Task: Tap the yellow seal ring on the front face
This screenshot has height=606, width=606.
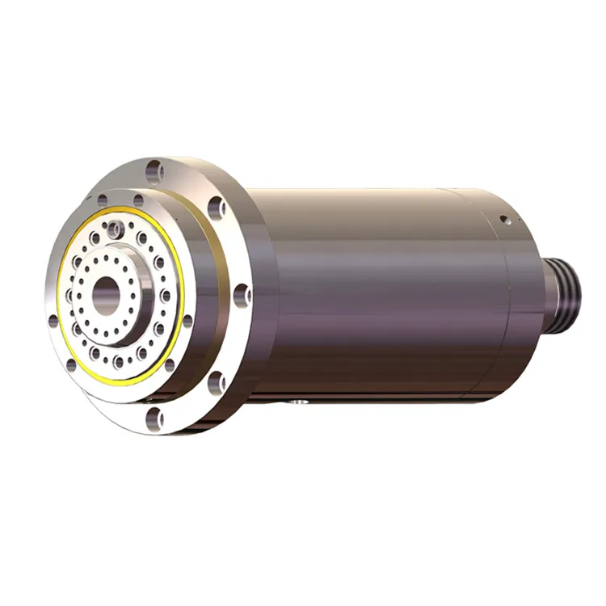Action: (x=179, y=267)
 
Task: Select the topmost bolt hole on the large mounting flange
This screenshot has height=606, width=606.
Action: (x=154, y=170)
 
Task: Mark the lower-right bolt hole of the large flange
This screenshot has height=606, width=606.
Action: (x=217, y=379)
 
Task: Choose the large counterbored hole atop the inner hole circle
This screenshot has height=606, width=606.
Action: (x=119, y=229)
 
